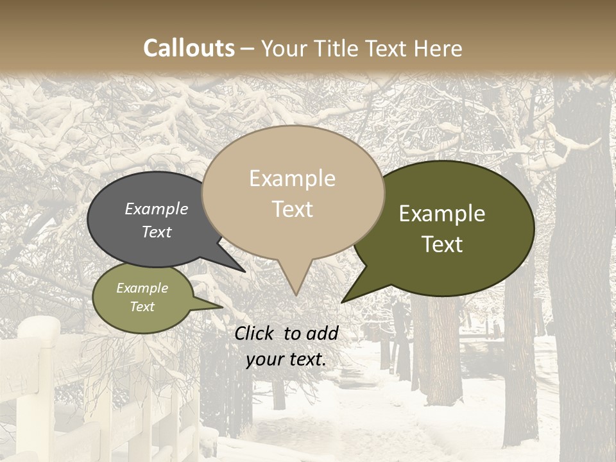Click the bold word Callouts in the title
[x=189, y=48]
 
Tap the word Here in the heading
[x=438, y=48]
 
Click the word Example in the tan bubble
[x=292, y=178]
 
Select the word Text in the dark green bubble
[x=443, y=244]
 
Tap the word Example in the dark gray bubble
[x=157, y=209]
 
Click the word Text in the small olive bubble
[x=142, y=307]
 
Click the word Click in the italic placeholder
[x=254, y=333]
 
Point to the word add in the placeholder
[x=322, y=333]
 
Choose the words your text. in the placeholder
[x=286, y=359]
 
